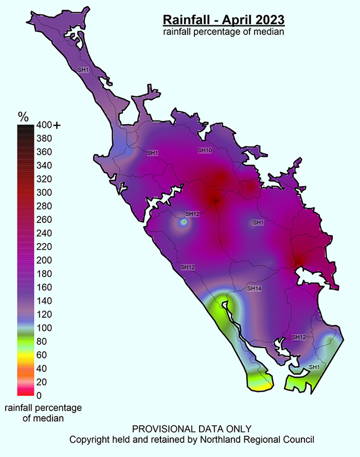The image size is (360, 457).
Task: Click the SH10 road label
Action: point(205,150)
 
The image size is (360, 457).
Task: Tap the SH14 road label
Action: point(254,289)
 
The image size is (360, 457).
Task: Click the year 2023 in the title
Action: point(269,20)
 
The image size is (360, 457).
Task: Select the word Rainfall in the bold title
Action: point(186,20)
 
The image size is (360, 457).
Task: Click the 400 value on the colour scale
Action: point(44,125)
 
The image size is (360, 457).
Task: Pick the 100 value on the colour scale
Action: point(44,328)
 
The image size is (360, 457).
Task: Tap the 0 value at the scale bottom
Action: point(39,396)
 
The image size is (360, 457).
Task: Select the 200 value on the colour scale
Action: point(44,260)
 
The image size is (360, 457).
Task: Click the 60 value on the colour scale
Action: point(42,355)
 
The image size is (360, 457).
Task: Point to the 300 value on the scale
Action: point(44,192)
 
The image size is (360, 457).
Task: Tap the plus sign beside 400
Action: point(57,125)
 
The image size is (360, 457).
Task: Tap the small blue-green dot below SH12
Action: point(184,222)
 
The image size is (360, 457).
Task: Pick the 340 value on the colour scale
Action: point(44,165)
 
